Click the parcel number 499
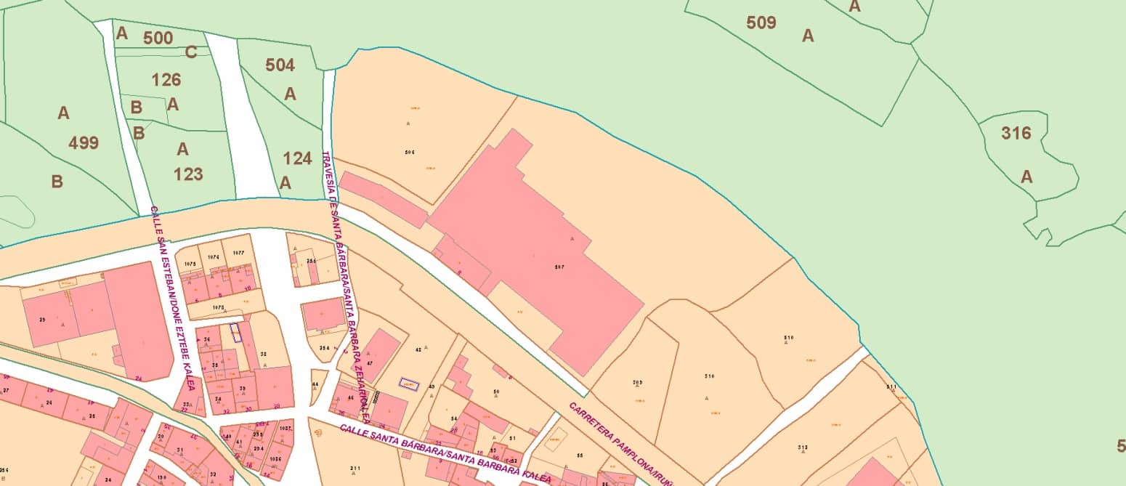coord(84,142)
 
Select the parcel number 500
coord(158,38)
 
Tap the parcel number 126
coord(166,79)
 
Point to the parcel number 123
coord(188,174)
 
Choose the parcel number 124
coord(297,158)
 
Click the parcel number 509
coord(761,23)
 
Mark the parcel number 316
coord(1016,133)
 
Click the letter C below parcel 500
coord(191,52)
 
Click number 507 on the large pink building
coord(559,267)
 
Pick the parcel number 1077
coord(238,252)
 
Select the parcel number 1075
coord(190,264)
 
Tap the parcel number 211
coord(355,468)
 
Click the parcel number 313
coord(802,447)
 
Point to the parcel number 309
coord(637,383)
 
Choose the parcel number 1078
coord(217,308)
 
